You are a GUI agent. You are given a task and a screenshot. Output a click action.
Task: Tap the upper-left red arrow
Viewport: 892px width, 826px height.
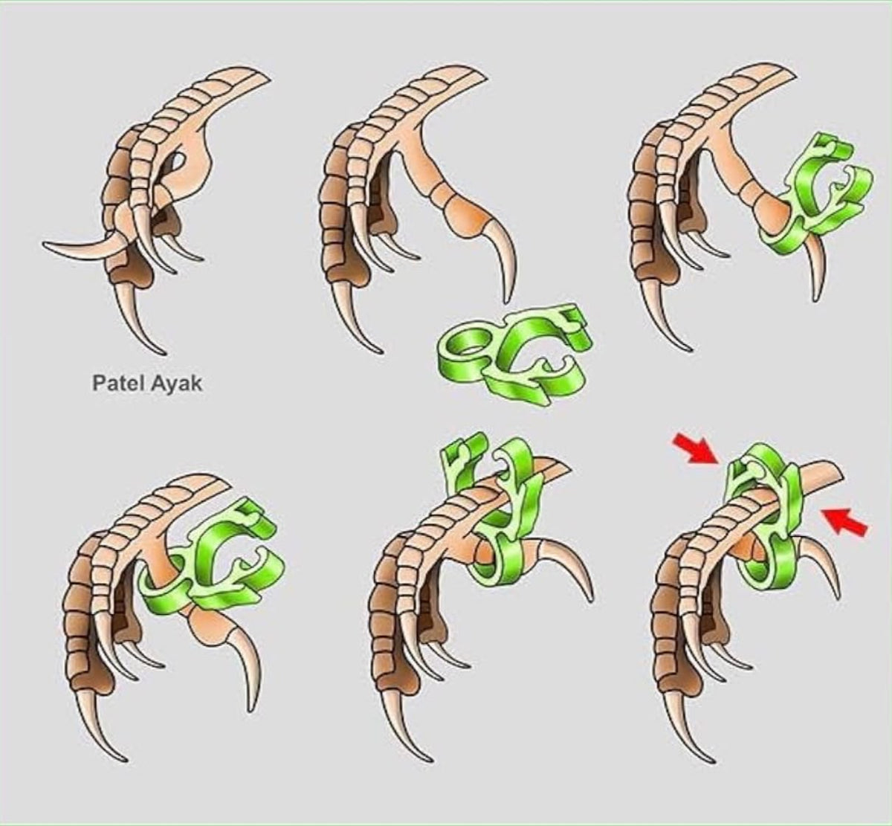coord(694,451)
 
